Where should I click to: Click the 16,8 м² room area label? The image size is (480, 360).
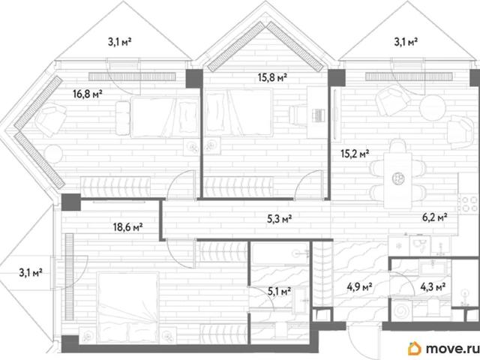tap(88, 94)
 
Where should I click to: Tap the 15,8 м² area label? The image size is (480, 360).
tap(272, 78)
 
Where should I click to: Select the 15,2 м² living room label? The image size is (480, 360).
tap(355, 153)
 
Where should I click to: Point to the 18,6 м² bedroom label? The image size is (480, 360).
tap(128, 227)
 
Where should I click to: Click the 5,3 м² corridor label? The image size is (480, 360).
tap(279, 219)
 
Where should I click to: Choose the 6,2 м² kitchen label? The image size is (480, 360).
tap(435, 217)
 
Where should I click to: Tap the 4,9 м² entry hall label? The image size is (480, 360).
tap(359, 287)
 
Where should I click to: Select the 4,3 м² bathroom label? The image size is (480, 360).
tap(433, 287)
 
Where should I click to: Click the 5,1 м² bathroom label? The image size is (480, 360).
tap(279, 292)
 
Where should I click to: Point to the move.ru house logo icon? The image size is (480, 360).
tap(414, 348)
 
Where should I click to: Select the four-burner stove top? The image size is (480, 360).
tap(469, 205)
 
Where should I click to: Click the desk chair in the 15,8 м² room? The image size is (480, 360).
tap(298, 115)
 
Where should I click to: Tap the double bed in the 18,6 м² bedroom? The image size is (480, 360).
tap(128, 307)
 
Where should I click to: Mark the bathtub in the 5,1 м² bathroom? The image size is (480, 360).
tap(280, 254)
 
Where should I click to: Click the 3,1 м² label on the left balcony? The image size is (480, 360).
tap(31, 272)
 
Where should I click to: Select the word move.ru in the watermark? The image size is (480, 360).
tap(451, 348)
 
